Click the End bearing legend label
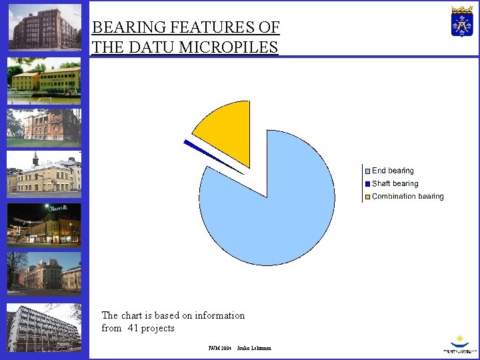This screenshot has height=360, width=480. point(393,171)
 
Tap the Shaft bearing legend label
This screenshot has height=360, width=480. point(395,184)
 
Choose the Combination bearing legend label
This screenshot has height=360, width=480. point(407,197)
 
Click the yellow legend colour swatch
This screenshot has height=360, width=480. point(367,197)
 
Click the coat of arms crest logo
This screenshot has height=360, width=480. point(461,21)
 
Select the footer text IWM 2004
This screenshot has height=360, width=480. point(219,348)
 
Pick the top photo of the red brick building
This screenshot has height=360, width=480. point(45,28)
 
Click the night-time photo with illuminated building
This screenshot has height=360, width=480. point(44,224)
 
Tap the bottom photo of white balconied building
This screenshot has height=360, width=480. point(44,327)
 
